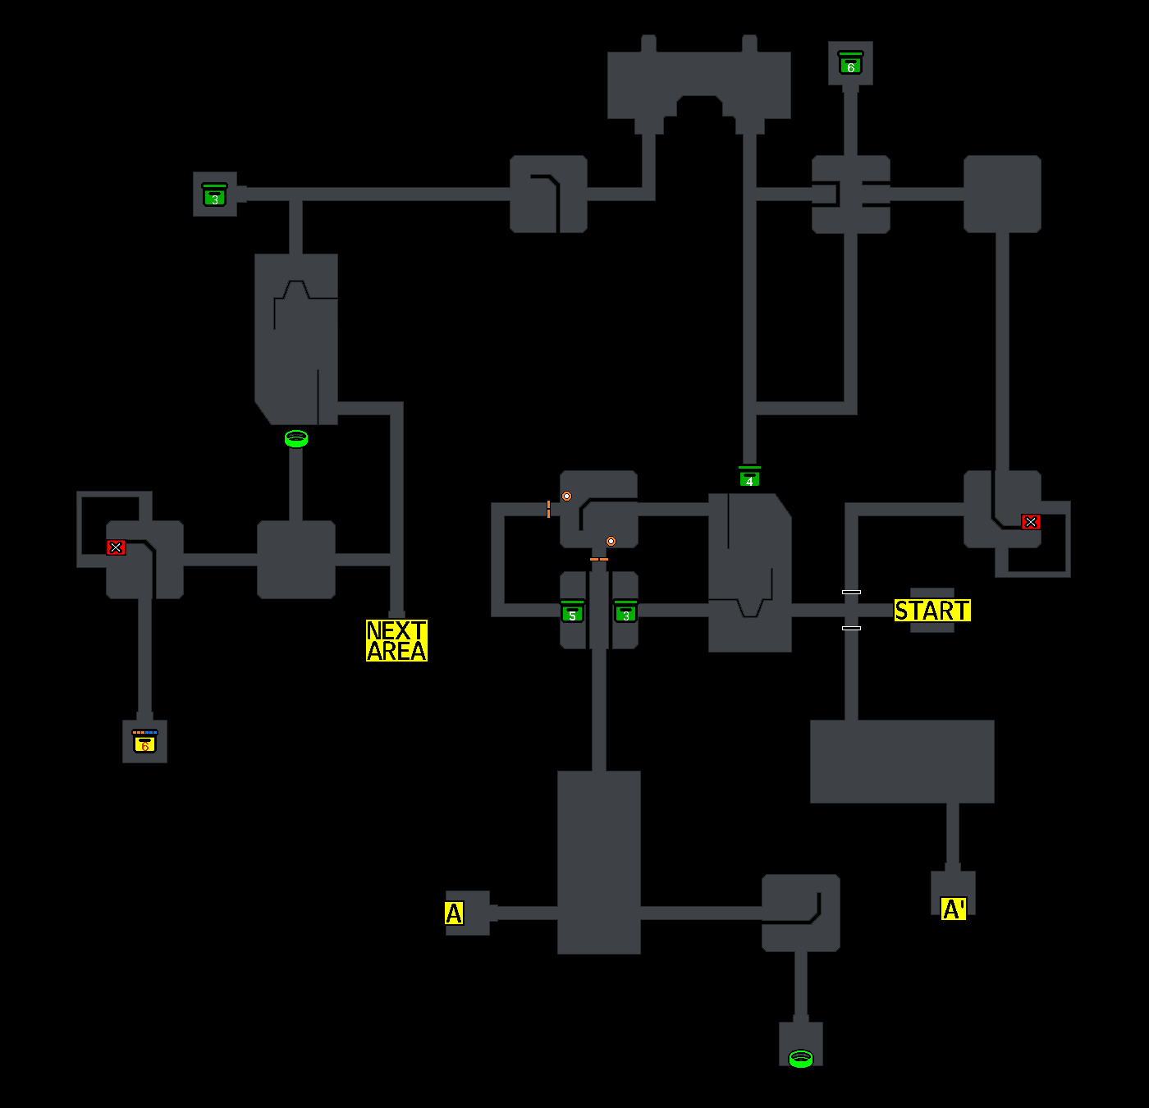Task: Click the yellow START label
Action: (932, 611)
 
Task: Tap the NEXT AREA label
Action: (396, 641)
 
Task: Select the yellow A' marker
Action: (953, 909)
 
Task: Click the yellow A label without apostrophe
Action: (454, 913)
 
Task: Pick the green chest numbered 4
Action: (749, 477)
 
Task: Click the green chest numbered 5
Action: (572, 612)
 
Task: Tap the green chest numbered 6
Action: (850, 63)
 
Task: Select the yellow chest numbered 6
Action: (144, 742)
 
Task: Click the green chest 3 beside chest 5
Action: (625, 612)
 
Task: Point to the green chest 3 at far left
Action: (214, 195)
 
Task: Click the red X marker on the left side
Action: (116, 547)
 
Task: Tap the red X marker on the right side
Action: (1031, 522)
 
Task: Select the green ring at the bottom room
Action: (800, 1059)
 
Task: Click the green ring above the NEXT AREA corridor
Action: (296, 439)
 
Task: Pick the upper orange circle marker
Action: (566, 497)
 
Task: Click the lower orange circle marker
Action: (611, 542)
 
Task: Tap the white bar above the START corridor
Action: (851, 592)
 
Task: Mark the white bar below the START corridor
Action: (851, 629)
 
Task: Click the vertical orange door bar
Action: (548, 509)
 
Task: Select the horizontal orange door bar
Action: (599, 560)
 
